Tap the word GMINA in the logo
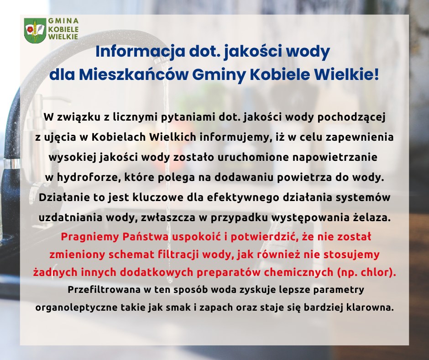pyautogui.click(x=63, y=21)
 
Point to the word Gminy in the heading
pyautogui.click(x=219, y=75)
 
